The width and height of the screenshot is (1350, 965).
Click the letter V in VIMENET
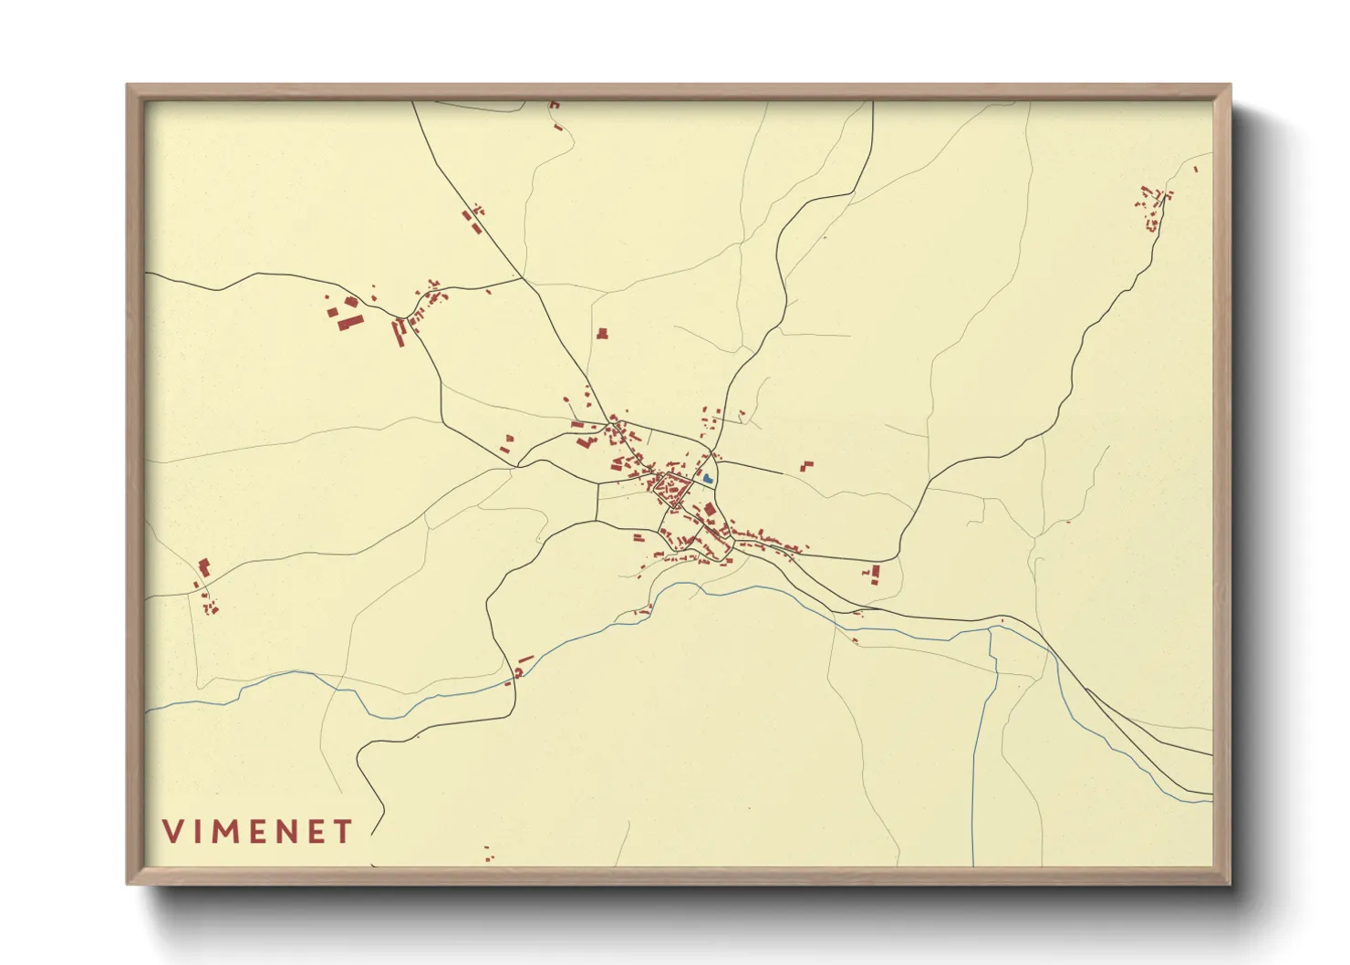(173, 832)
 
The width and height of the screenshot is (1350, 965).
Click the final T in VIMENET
(343, 832)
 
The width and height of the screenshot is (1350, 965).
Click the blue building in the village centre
(708, 477)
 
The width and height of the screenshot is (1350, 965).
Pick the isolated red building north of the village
(602, 334)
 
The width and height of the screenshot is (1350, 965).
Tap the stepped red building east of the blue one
(806, 466)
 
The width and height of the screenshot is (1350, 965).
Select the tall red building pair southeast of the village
(875, 574)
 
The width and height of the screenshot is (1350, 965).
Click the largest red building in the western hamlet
(350, 321)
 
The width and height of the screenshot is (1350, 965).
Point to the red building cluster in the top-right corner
(1154, 205)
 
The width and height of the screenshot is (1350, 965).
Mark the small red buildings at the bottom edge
(488, 854)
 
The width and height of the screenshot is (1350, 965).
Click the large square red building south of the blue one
(710, 509)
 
